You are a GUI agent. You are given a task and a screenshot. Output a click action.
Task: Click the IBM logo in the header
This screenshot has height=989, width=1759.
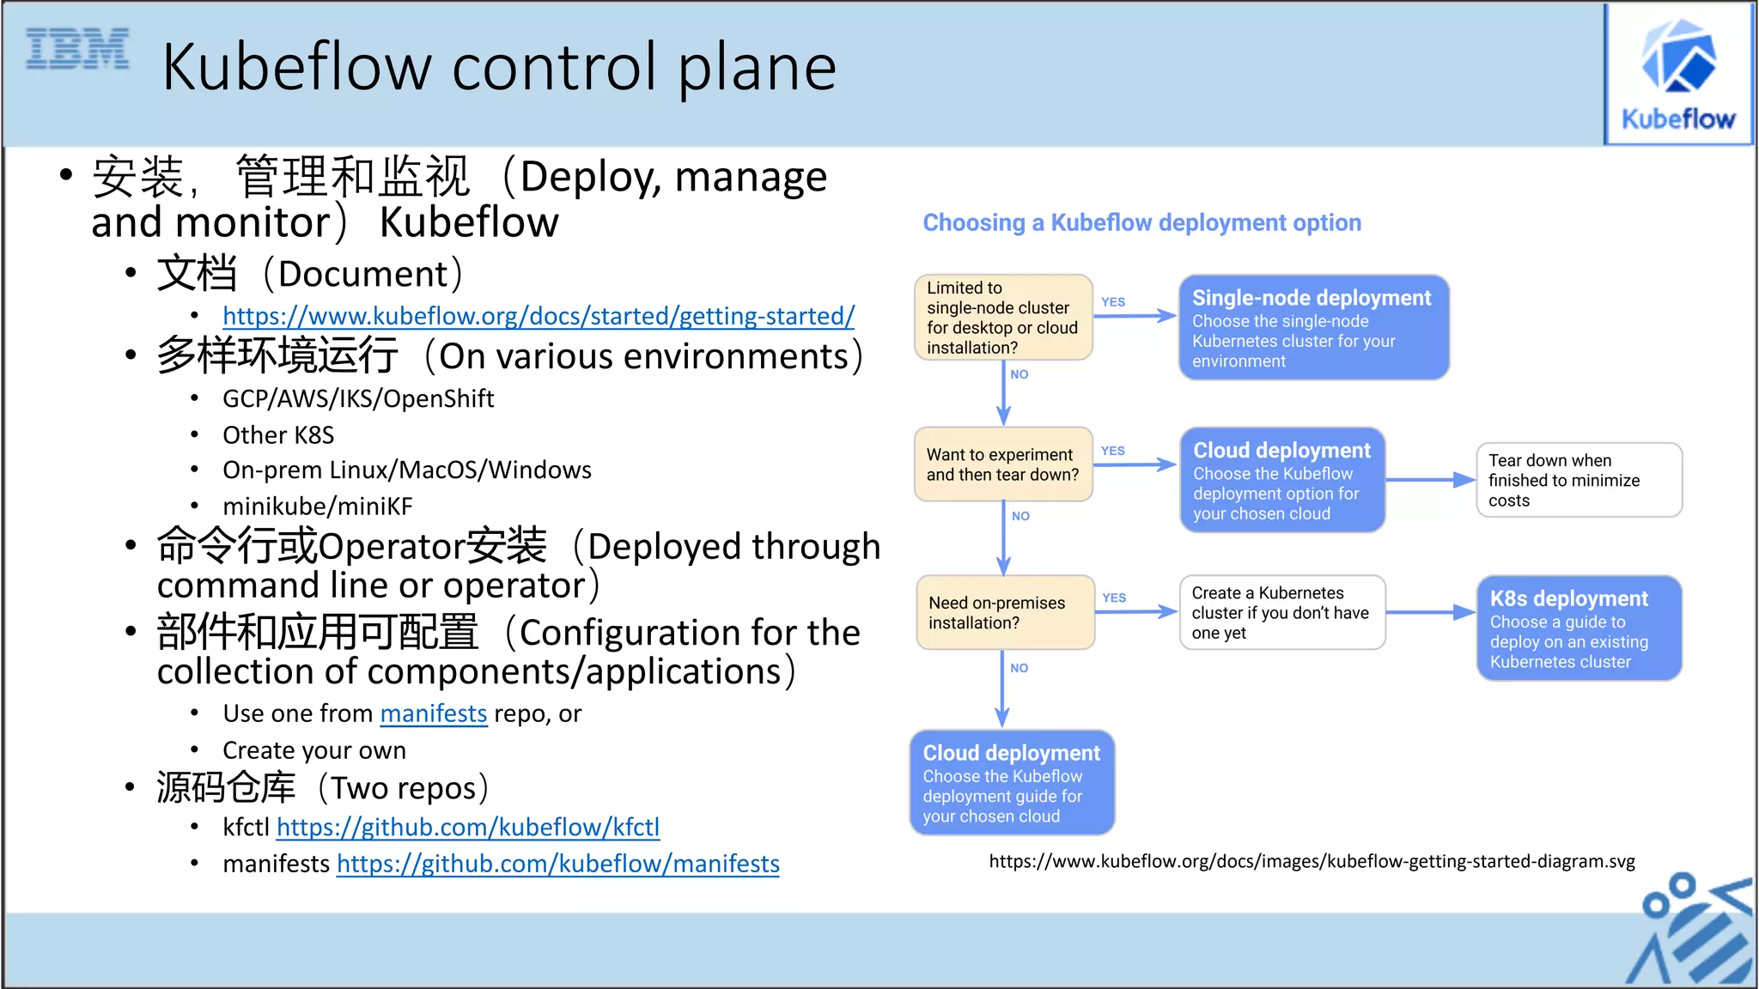coord(77,48)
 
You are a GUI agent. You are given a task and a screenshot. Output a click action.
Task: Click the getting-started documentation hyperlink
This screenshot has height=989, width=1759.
coord(539,316)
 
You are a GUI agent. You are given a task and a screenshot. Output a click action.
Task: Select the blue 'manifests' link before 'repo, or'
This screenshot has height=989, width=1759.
coord(433,713)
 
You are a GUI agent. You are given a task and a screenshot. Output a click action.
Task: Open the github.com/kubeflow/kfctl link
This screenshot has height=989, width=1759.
coord(468,827)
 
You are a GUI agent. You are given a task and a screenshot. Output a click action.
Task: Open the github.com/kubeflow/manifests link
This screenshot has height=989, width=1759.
coord(558,864)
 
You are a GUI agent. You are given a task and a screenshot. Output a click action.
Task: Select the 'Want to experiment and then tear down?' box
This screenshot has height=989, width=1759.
coord(1003,464)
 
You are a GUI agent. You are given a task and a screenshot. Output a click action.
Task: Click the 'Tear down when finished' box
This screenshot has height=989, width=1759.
coord(1579,480)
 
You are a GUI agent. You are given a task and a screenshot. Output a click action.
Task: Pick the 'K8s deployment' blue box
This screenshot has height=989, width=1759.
coord(1579,628)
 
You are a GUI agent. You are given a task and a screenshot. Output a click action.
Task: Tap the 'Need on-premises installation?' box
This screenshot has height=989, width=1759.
coord(1005,613)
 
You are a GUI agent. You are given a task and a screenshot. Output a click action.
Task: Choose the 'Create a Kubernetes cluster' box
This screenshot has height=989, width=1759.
coord(1281,613)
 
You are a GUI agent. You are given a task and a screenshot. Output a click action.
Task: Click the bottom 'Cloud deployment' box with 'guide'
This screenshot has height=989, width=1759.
coord(1012,783)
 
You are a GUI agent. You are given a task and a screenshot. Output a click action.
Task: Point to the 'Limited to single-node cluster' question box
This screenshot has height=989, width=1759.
coord(1003,318)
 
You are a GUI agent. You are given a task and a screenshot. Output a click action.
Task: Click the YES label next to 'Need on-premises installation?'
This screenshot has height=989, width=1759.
coord(1114,598)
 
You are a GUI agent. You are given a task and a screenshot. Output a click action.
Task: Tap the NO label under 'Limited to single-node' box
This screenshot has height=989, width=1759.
coord(1019,374)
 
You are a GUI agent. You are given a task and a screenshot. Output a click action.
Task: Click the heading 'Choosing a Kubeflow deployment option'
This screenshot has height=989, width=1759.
coord(1141,223)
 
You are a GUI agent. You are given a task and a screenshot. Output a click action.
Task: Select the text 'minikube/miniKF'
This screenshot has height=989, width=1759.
coord(318,507)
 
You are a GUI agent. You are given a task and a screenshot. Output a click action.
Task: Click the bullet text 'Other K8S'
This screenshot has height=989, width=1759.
coord(278,435)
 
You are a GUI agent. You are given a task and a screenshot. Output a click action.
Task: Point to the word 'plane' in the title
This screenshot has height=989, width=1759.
coord(757,69)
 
